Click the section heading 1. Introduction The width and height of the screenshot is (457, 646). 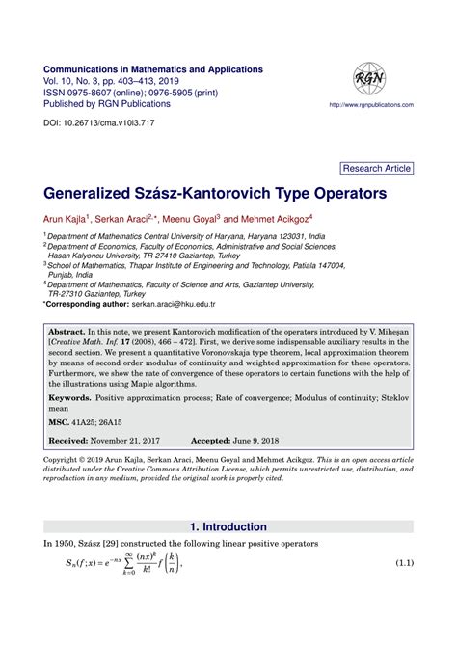(228, 527)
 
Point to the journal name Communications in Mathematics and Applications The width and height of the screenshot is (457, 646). (153, 70)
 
